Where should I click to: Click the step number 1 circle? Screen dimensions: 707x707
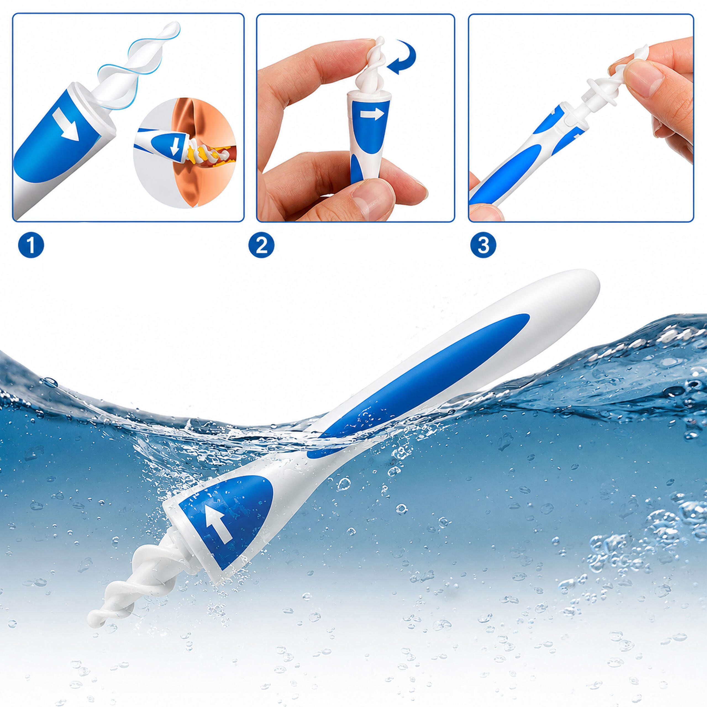(x=31, y=245)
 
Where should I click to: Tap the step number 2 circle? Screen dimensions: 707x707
(x=261, y=245)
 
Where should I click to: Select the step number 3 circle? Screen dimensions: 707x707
(x=483, y=245)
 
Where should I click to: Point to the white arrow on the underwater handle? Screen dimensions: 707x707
(x=219, y=524)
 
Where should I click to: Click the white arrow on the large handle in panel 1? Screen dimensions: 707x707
(x=66, y=125)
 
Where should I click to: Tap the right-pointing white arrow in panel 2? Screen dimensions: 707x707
(x=372, y=115)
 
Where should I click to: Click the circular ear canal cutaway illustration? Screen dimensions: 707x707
(x=185, y=153)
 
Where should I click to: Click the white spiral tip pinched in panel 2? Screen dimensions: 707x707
(x=370, y=70)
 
